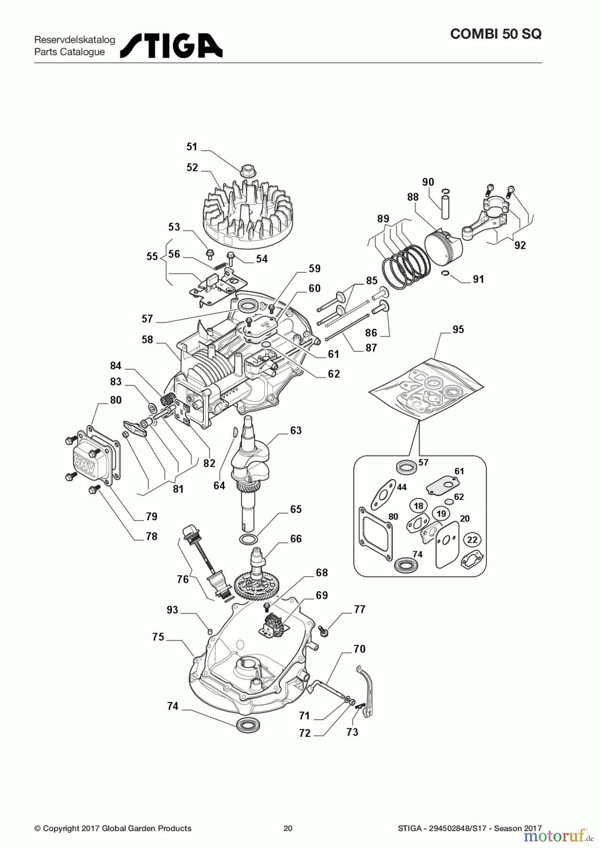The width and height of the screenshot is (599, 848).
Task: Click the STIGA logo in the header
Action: (171, 46)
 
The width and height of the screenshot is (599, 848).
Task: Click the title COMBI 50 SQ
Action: (495, 34)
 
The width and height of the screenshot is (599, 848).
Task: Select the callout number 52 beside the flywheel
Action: (192, 168)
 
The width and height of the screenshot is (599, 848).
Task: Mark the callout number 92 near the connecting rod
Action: (520, 245)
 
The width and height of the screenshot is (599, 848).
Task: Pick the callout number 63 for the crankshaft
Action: (296, 431)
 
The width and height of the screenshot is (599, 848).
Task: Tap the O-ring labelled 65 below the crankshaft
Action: (249, 539)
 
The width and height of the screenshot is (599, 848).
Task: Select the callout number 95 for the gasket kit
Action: (458, 330)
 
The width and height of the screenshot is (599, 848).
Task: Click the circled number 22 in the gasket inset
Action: (472, 540)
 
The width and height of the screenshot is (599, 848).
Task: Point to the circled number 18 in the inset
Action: (419, 506)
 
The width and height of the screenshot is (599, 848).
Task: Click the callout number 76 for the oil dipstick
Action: (183, 579)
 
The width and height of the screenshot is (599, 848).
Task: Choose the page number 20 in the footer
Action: (288, 828)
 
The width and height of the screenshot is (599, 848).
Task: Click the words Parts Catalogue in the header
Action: (70, 52)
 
